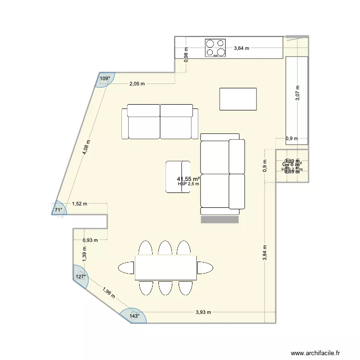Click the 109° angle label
pyautogui.click(x=105, y=78)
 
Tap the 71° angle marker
pyautogui.click(x=58, y=210)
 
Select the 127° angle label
pyautogui.click(x=80, y=276)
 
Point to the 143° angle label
pyautogui.click(x=135, y=315)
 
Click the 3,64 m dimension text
pyautogui.click(x=241, y=48)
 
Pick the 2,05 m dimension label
pyautogui.click(x=137, y=84)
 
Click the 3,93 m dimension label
pyautogui.click(x=204, y=312)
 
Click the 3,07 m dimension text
pyautogui.click(x=297, y=93)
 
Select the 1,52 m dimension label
pyautogui.click(x=80, y=203)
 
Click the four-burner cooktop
pyautogui.click(x=216, y=48)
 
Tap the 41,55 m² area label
pyautogui.click(x=188, y=178)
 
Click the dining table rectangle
pyautogui.click(x=166, y=267)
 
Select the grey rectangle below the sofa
pyautogui.click(x=220, y=219)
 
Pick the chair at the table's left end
pyautogui.click(x=126, y=267)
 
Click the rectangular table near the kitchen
pyautogui.click(x=238, y=99)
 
